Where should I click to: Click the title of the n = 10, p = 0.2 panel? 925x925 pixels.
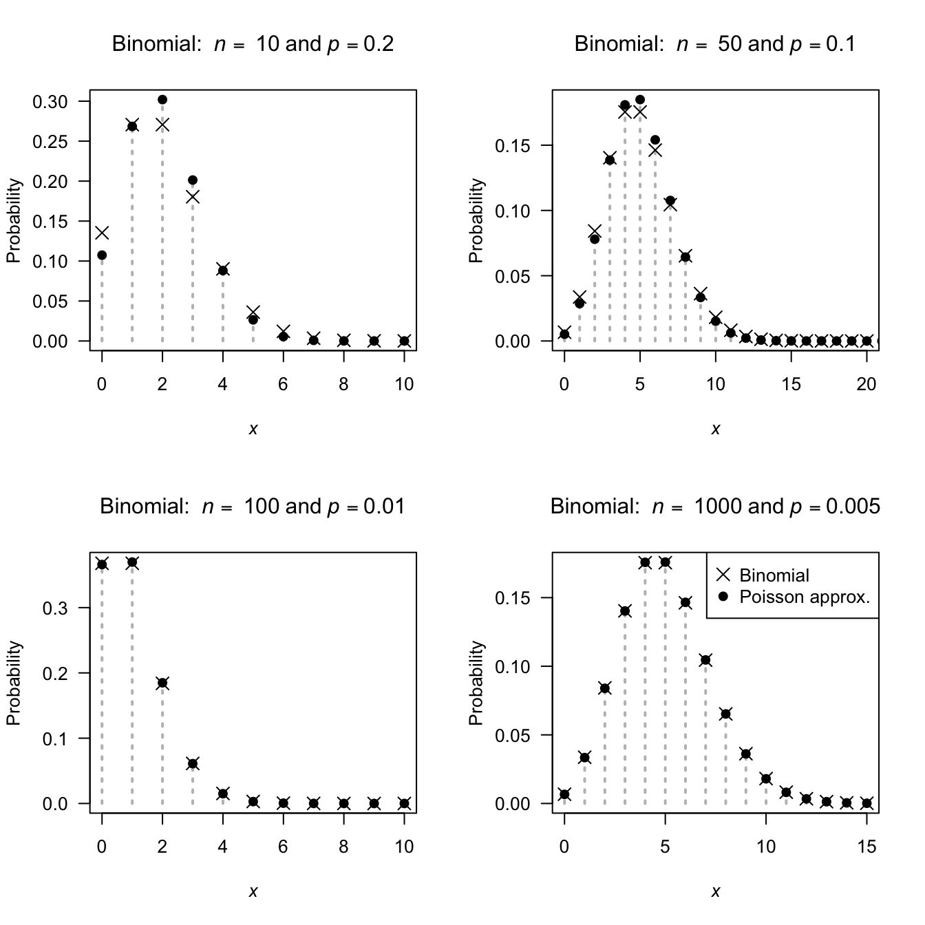point(253,45)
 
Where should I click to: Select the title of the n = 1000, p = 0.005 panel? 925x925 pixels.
point(715,507)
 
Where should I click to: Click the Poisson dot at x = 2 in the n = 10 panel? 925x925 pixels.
point(162,100)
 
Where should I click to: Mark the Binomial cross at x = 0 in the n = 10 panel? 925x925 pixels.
point(102,233)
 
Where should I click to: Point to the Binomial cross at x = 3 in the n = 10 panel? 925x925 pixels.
point(193,197)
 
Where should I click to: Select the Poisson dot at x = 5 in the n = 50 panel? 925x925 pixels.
point(640,100)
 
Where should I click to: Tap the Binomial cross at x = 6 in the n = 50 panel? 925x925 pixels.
point(655,150)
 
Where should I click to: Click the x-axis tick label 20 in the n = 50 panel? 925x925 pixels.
point(866,385)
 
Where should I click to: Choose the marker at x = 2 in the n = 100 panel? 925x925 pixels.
point(162,683)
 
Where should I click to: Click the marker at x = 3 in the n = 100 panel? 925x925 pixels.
point(193,763)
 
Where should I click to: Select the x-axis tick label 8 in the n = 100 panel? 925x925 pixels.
point(343,847)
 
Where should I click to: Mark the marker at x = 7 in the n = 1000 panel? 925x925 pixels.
point(705,660)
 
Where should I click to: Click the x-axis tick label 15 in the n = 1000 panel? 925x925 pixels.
point(866,847)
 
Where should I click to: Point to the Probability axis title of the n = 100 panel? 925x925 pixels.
point(14,683)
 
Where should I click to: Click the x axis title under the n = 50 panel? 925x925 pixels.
point(715,429)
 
